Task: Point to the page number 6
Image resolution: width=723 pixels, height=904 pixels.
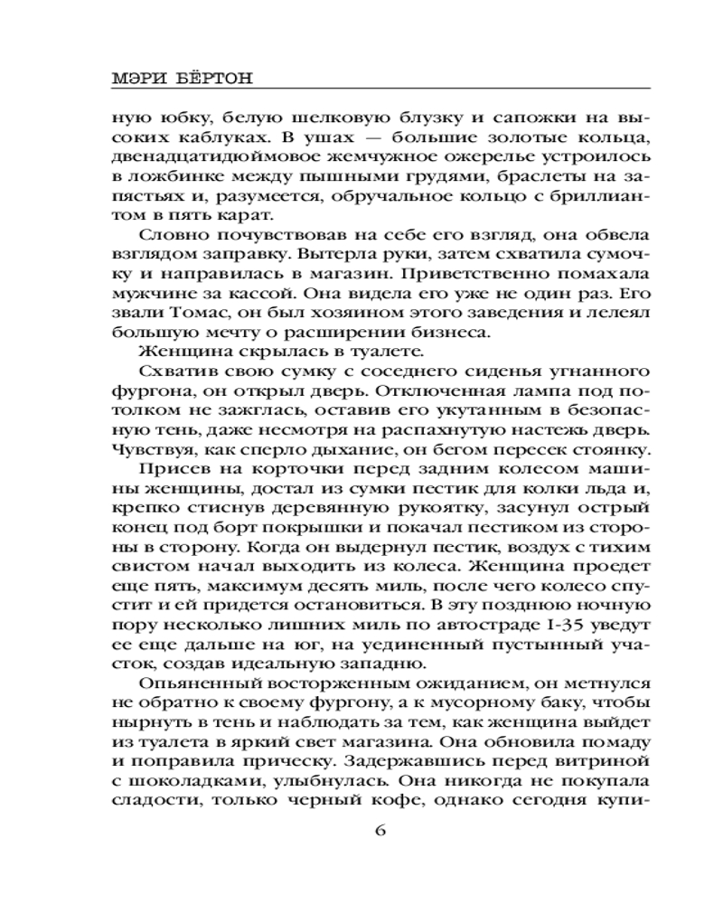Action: (380, 831)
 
